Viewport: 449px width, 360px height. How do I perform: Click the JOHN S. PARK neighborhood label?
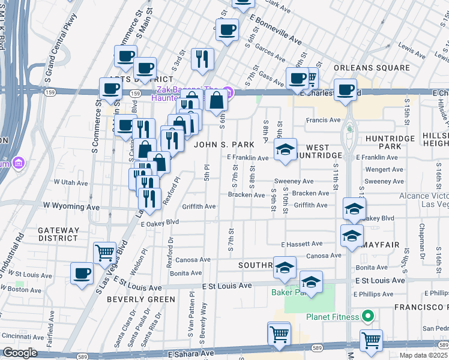pyautogui.click(x=229, y=145)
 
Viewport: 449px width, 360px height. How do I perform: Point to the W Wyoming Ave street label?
pyautogui.click(x=71, y=206)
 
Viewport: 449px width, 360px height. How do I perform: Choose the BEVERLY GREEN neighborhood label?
pyautogui.click(x=141, y=299)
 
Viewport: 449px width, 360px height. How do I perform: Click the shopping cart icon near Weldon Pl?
pyautogui.click(x=105, y=252)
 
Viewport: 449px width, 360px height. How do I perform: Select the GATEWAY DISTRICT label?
pyautogui.click(x=58, y=234)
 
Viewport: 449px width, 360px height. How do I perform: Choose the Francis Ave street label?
pyautogui.click(x=323, y=120)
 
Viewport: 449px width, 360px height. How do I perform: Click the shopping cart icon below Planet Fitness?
pyautogui.click(x=371, y=340)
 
